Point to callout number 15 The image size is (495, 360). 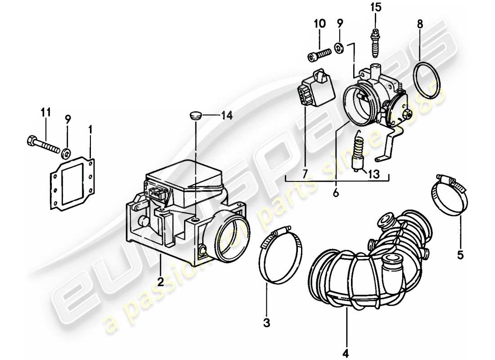(375, 7)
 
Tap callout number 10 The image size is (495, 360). (319, 23)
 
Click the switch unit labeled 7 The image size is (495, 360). (317, 90)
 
